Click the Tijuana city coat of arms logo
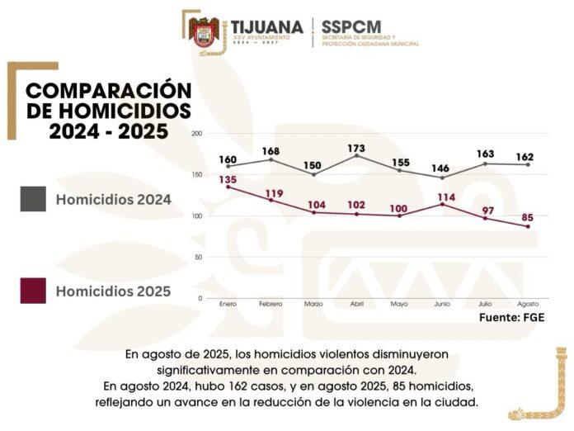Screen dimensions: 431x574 (205, 33)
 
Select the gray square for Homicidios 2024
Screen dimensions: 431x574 (33, 199)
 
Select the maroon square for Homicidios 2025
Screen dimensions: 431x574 (33, 291)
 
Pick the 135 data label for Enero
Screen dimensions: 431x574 (228, 179)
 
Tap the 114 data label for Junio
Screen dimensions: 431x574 (444, 197)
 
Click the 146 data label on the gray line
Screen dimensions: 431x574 (442, 168)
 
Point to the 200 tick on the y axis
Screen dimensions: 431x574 (197, 133)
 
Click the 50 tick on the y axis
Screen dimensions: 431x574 (199, 257)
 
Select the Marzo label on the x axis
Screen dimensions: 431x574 (313, 304)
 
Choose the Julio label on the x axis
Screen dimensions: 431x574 (485, 304)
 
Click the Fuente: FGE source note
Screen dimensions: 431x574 (511, 317)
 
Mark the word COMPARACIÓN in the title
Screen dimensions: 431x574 (108, 90)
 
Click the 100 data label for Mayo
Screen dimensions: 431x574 (399, 208)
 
